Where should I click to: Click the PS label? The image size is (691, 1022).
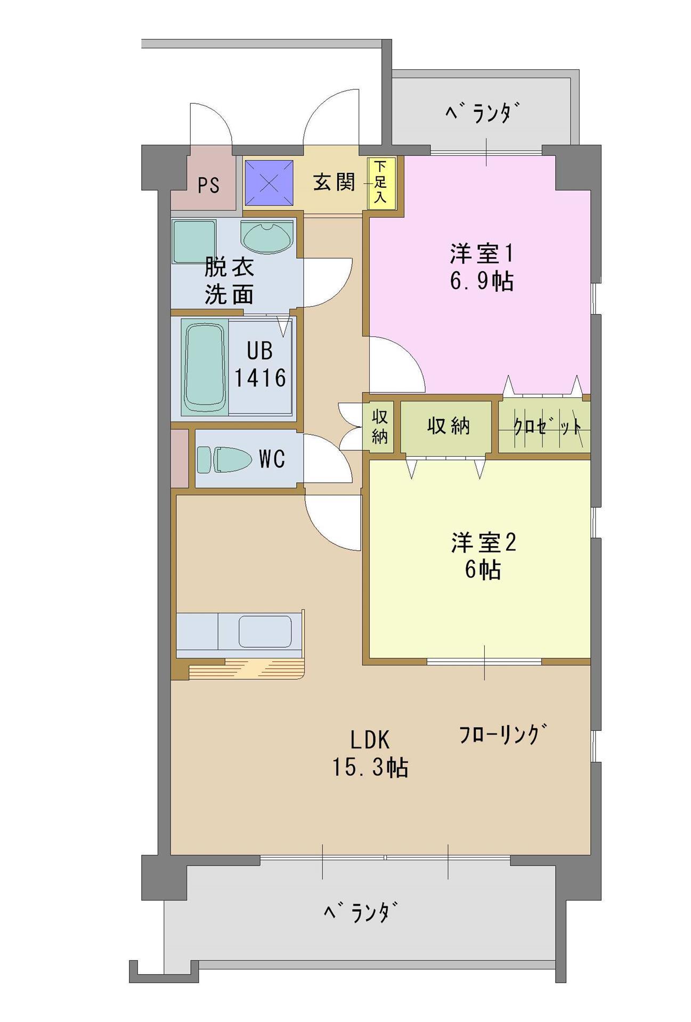[209, 186]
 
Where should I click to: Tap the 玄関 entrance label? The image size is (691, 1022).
[334, 183]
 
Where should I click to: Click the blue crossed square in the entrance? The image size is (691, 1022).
[269, 183]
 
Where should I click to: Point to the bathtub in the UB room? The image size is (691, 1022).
[204, 367]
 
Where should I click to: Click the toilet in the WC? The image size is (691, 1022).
[224, 459]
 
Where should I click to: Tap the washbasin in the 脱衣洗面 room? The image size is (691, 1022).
[266, 236]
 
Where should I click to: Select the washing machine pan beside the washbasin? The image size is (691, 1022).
[194, 241]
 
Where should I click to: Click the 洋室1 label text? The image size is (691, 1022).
[481, 253]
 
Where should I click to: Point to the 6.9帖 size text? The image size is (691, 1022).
[482, 281]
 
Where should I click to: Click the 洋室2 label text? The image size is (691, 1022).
[484, 543]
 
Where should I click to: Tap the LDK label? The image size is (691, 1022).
[370, 740]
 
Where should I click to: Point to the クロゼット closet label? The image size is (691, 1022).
[547, 426]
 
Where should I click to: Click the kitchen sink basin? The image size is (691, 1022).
[265, 631]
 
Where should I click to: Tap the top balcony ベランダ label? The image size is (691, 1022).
[482, 113]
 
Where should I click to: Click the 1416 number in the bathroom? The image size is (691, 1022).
[261, 377]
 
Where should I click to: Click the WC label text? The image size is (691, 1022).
[272, 458]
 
